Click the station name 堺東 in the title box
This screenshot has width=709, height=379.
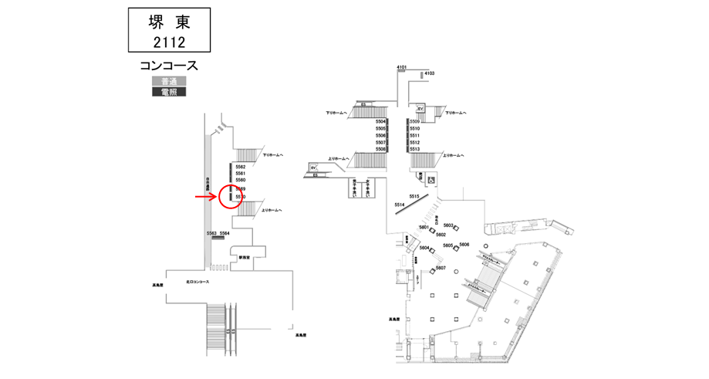168,22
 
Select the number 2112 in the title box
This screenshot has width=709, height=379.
168,41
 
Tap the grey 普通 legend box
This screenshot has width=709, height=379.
164,80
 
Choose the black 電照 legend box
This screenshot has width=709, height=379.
164,92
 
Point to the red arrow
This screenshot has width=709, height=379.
205,197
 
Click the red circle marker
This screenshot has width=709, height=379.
232,197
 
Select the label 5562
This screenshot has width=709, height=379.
240,167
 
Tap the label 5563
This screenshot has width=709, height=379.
211,232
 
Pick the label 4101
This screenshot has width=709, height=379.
401,68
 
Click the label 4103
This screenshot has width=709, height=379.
430,73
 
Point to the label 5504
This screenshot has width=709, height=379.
380,122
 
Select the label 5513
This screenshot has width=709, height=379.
414,149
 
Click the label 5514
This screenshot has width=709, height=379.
399,205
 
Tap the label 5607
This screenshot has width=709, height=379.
441,267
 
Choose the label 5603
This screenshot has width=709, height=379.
448,225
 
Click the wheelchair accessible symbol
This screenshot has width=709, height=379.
431,180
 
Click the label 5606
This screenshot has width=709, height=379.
464,244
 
